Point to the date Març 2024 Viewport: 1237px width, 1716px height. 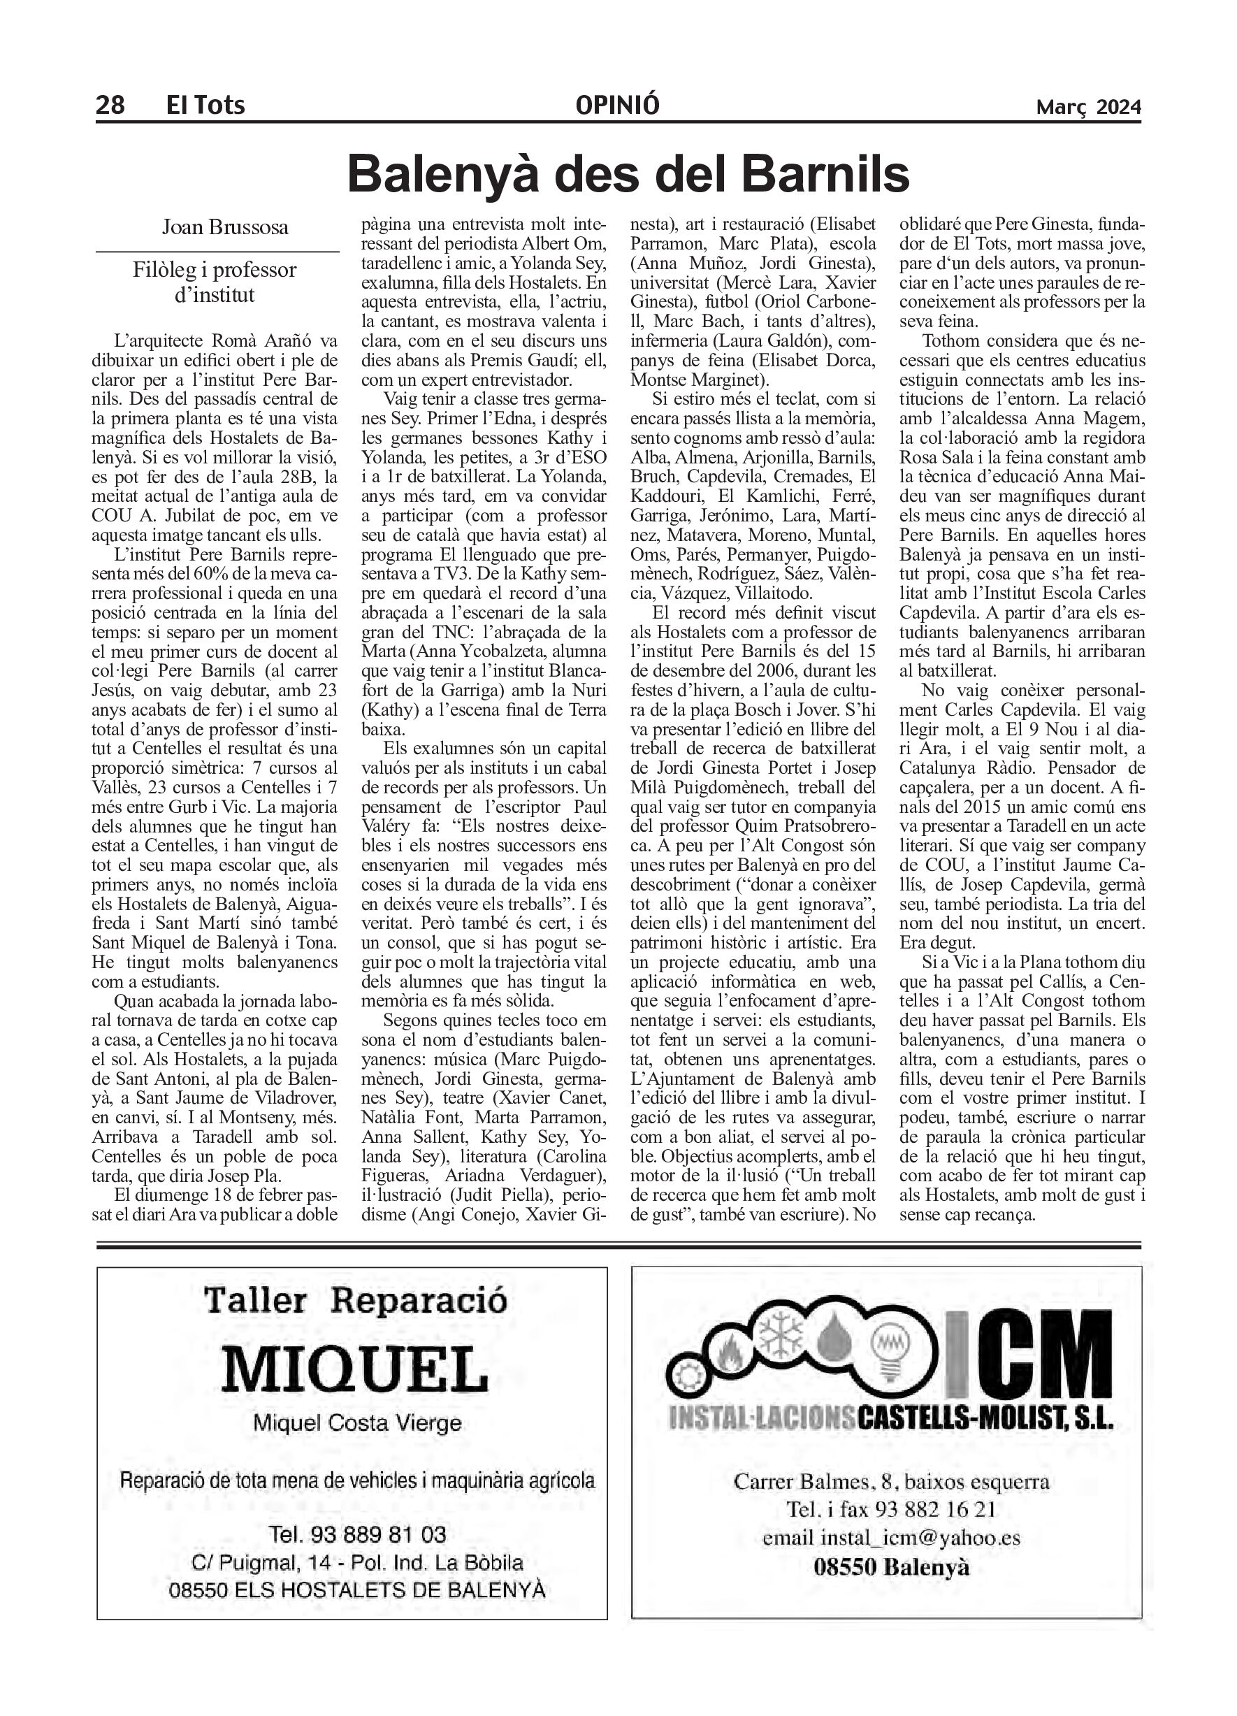pyautogui.click(x=1088, y=107)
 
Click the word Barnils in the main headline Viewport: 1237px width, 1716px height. pyautogui.click(x=825, y=174)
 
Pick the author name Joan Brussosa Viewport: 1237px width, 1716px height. pyautogui.click(x=225, y=227)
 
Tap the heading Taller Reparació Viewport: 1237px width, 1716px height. pyautogui.click(x=355, y=1301)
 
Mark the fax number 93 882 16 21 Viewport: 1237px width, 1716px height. pyautogui.click(x=934, y=1509)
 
